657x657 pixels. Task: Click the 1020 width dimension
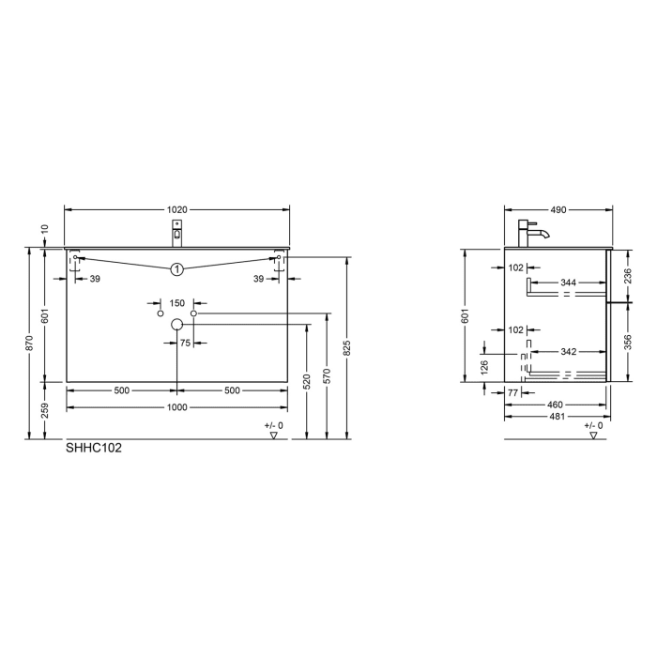pyautogui.click(x=177, y=209)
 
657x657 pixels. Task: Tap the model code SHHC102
pyautogui.click(x=94, y=448)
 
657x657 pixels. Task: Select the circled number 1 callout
pyautogui.click(x=176, y=269)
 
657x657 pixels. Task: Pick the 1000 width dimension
pyautogui.click(x=177, y=407)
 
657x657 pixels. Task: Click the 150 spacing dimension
pyautogui.click(x=177, y=303)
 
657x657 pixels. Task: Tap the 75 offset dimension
pyautogui.click(x=185, y=344)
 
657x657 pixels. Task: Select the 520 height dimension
pyautogui.click(x=306, y=381)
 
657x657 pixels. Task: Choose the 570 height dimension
pyautogui.click(x=328, y=375)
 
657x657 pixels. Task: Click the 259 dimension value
pyautogui.click(x=45, y=410)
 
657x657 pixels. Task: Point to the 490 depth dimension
pyautogui.click(x=558, y=209)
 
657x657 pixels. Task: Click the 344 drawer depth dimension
pyautogui.click(x=569, y=282)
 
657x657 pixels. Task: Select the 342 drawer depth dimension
pyautogui.click(x=569, y=351)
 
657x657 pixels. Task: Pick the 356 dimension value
pyautogui.click(x=627, y=342)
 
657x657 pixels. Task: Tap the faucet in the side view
pyautogui.click(x=530, y=231)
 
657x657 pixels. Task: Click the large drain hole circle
pyautogui.click(x=176, y=325)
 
